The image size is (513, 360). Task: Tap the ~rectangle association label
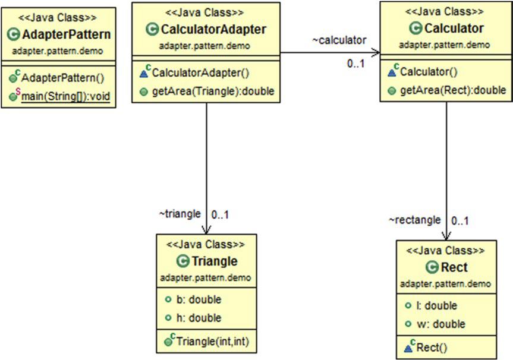tap(415, 220)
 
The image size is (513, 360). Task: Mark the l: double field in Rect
tap(436, 306)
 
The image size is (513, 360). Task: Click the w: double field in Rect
tap(438, 324)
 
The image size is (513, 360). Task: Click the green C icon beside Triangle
tap(182, 261)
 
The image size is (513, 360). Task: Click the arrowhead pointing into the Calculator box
tap(374, 52)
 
